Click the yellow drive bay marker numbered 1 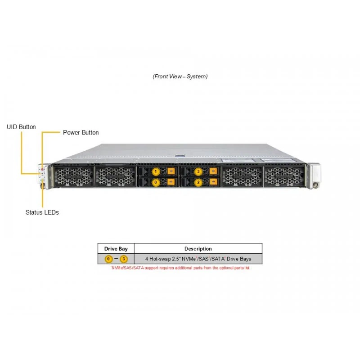156,171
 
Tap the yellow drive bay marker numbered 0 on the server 156,182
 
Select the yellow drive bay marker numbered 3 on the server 198,171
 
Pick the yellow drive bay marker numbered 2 198,182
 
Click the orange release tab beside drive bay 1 171,171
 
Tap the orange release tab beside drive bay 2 213,182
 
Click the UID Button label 21,127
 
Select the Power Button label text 81,132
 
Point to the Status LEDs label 42,212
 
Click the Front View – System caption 180,76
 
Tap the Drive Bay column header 116,249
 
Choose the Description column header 198,249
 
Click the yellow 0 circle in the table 108,259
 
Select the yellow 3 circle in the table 124,259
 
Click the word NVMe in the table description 189,259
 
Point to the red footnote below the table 180,268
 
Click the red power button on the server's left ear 42,169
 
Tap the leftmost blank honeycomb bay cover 73,176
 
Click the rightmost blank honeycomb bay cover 284,176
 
